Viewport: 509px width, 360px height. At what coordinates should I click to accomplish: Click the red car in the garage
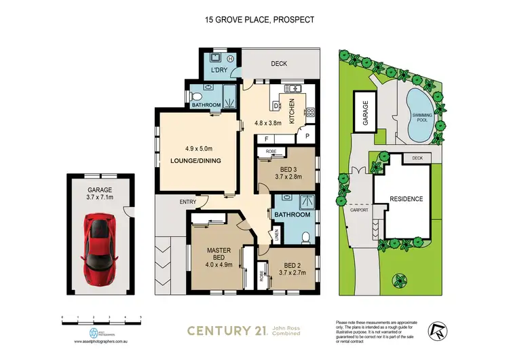pos(99,250)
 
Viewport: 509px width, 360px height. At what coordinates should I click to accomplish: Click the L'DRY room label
pos(219,71)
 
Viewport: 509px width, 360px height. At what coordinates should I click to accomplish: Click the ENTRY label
pos(169,202)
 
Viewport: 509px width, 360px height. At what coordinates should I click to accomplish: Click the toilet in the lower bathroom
pos(305,237)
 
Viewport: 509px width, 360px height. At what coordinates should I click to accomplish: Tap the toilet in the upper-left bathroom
pos(197,95)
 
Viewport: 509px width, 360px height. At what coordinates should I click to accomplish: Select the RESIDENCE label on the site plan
pos(406,199)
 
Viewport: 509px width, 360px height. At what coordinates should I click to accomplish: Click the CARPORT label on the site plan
pos(359,210)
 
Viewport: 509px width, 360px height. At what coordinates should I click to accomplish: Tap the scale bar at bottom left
pos(101,319)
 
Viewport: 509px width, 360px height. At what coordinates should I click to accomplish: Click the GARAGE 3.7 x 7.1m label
pos(99,194)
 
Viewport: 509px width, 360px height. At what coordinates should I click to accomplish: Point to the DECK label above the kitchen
pos(280,63)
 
